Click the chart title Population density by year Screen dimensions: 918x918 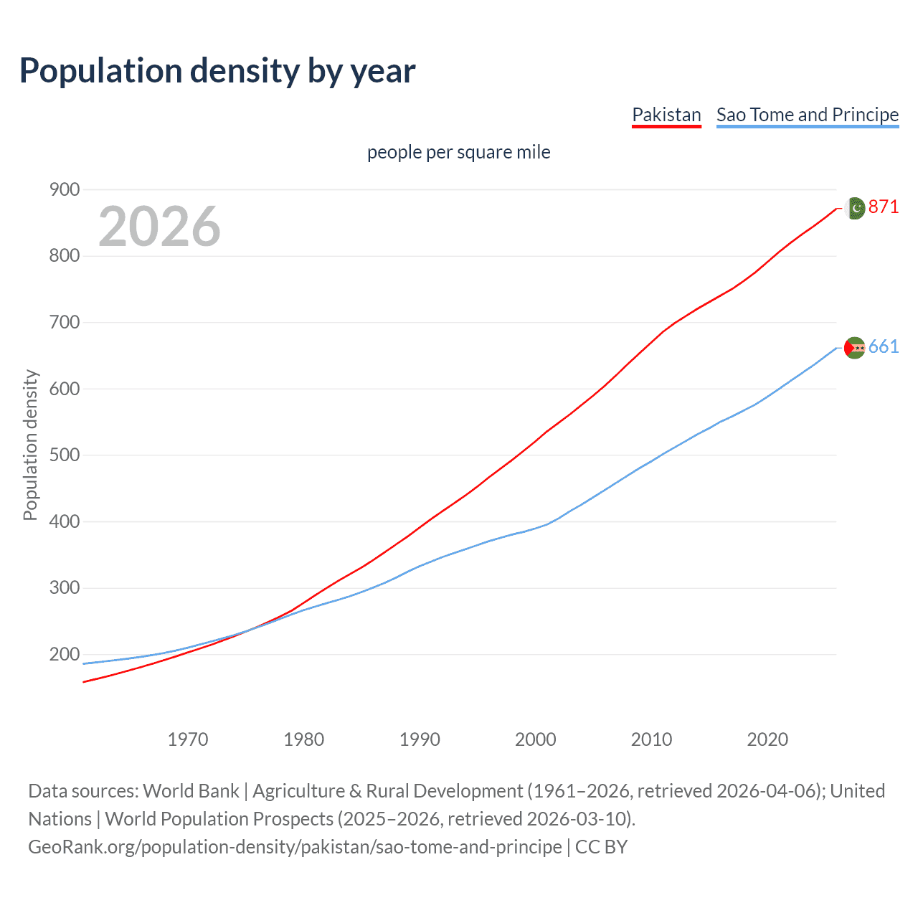tap(217, 71)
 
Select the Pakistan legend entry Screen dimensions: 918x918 tap(666, 115)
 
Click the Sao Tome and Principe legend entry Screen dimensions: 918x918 tap(808, 115)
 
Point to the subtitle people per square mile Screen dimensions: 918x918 tap(459, 153)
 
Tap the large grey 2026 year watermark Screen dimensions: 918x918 tap(159, 227)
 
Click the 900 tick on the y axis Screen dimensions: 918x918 tap(65, 190)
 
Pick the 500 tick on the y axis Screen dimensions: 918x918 tap(65, 455)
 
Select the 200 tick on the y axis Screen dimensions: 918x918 tap(65, 655)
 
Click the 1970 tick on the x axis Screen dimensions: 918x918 tap(188, 739)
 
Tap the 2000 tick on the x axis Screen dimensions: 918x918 tap(536, 739)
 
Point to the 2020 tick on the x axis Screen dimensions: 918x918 tap(767, 739)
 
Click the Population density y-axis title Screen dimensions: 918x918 tap(30, 445)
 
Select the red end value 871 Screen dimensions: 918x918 tap(884, 207)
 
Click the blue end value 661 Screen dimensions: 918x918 tap(884, 347)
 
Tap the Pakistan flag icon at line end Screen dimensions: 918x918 tap(856, 208)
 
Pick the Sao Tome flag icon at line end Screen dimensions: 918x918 tap(855, 348)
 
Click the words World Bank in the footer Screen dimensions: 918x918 tap(191, 791)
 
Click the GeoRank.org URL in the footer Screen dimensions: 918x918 tap(295, 847)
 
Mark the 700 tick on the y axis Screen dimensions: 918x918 tap(65, 323)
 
